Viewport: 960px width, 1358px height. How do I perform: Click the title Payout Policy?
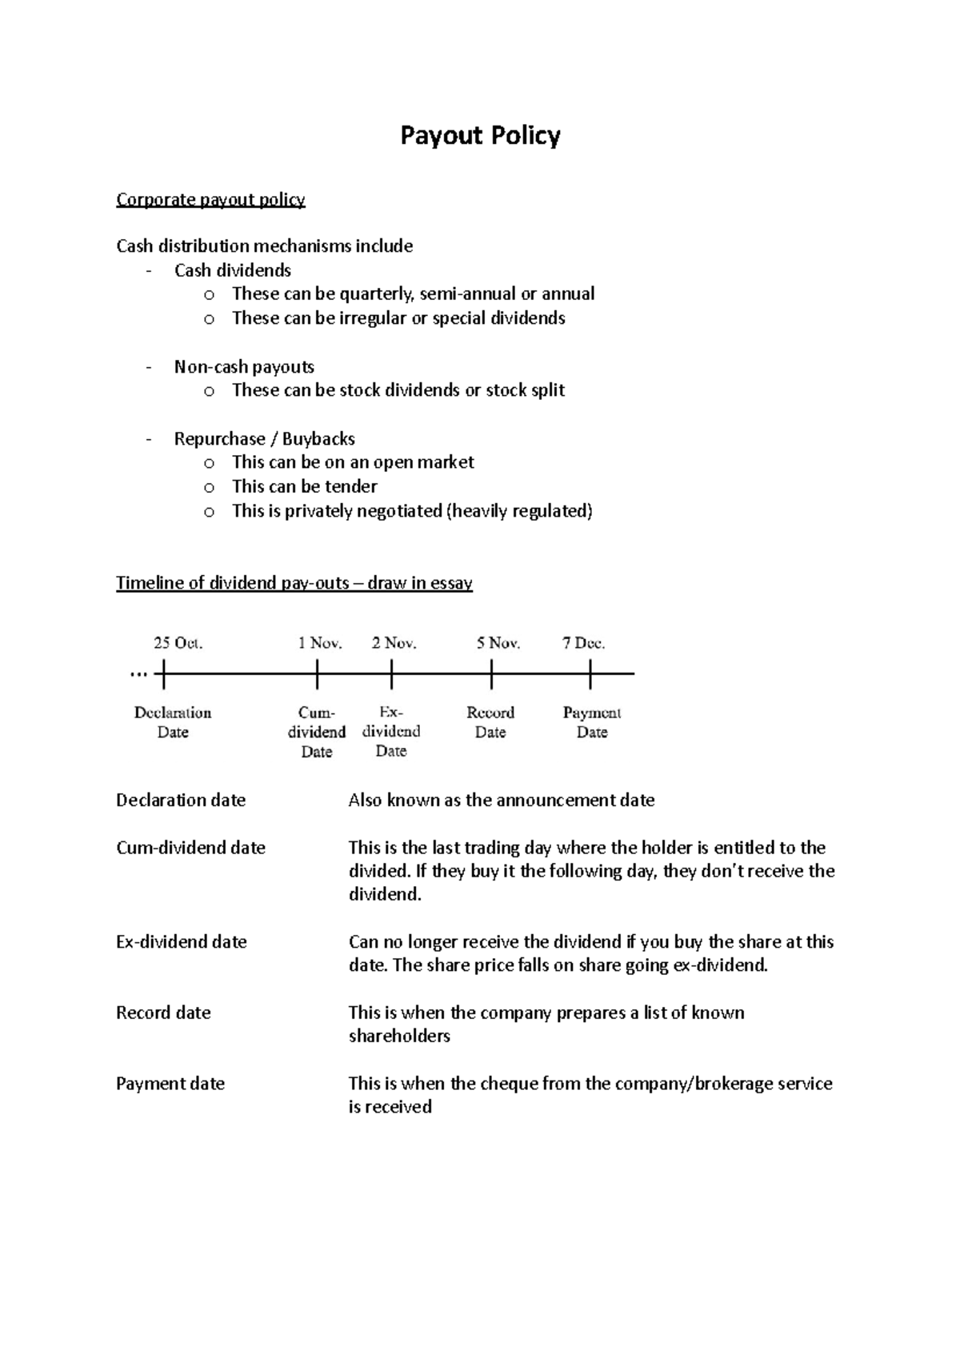pos(480,136)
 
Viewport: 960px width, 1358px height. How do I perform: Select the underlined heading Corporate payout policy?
pos(210,199)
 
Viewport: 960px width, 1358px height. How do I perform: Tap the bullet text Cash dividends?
pos(232,270)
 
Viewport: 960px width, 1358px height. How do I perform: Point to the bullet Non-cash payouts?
pos(244,367)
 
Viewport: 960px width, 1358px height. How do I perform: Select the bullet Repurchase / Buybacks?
pos(264,439)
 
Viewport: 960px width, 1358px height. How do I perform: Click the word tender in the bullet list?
pos(350,486)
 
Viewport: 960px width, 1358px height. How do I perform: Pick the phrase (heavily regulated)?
pos(519,511)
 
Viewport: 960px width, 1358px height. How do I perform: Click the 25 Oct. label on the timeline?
pos(178,643)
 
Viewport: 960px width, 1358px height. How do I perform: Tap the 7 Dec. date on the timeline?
pos(583,643)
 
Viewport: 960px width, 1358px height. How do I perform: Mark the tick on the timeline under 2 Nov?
pos(391,674)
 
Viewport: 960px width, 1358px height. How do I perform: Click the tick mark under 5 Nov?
pos(490,674)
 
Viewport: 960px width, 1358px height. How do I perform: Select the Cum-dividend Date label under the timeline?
pos(317,732)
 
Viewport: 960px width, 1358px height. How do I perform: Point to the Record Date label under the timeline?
pos(490,722)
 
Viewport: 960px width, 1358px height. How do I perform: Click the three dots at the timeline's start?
pos(138,675)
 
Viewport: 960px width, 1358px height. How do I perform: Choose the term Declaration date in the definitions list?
pos(181,801)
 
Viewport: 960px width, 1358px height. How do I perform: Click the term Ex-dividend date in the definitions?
pos(181,942)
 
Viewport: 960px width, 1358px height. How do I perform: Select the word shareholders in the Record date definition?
pos(399,1036)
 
